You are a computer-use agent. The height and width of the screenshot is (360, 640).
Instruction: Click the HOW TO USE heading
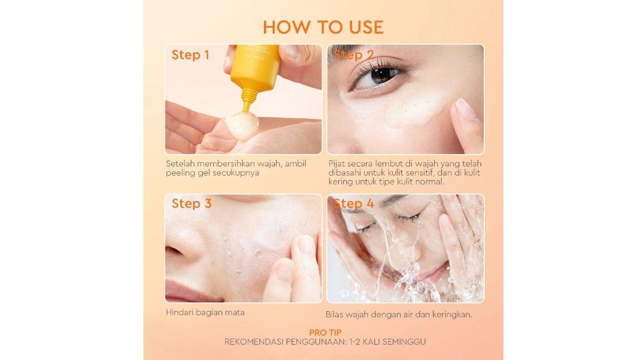pos(323,27)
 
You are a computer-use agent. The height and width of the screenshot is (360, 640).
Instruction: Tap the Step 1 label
pos(190,55)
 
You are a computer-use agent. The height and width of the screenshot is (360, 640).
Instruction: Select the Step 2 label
pos(354,55)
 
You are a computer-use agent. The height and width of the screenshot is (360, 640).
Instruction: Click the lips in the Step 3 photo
pos(184,291)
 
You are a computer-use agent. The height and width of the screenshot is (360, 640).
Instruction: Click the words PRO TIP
pos(325,332)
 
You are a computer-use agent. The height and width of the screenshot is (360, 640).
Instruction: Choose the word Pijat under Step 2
pos(337,164)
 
